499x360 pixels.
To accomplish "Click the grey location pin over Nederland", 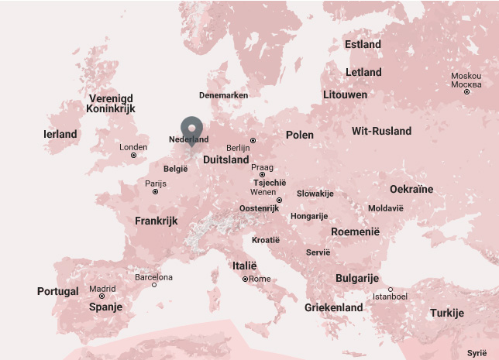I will point(191,128).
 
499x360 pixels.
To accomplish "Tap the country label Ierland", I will point(60,134).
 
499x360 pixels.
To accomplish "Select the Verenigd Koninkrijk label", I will point(111,104).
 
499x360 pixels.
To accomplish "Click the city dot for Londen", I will point(133,156).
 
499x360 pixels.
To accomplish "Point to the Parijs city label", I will point(156,183).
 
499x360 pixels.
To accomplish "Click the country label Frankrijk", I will point(156,221).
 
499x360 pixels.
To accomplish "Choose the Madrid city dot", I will point(102,297).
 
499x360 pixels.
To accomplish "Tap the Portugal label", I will point(58,291).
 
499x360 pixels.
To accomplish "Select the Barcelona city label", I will point(153,276).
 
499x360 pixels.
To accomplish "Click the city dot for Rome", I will point(245,279).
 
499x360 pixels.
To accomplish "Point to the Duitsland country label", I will point(225,159).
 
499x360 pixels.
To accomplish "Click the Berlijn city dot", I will point(253,140).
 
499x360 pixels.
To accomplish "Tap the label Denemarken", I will point(223,95).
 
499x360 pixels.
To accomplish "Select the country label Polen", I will point(300,135).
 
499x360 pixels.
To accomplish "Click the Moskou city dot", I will point(466,92).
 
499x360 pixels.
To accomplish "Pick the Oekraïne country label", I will point(411,189).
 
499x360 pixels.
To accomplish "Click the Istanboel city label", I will point(390,297).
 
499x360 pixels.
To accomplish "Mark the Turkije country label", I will point(447,314).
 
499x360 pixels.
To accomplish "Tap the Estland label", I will point(363,44).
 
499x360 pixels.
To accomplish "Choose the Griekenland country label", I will point(333,307).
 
